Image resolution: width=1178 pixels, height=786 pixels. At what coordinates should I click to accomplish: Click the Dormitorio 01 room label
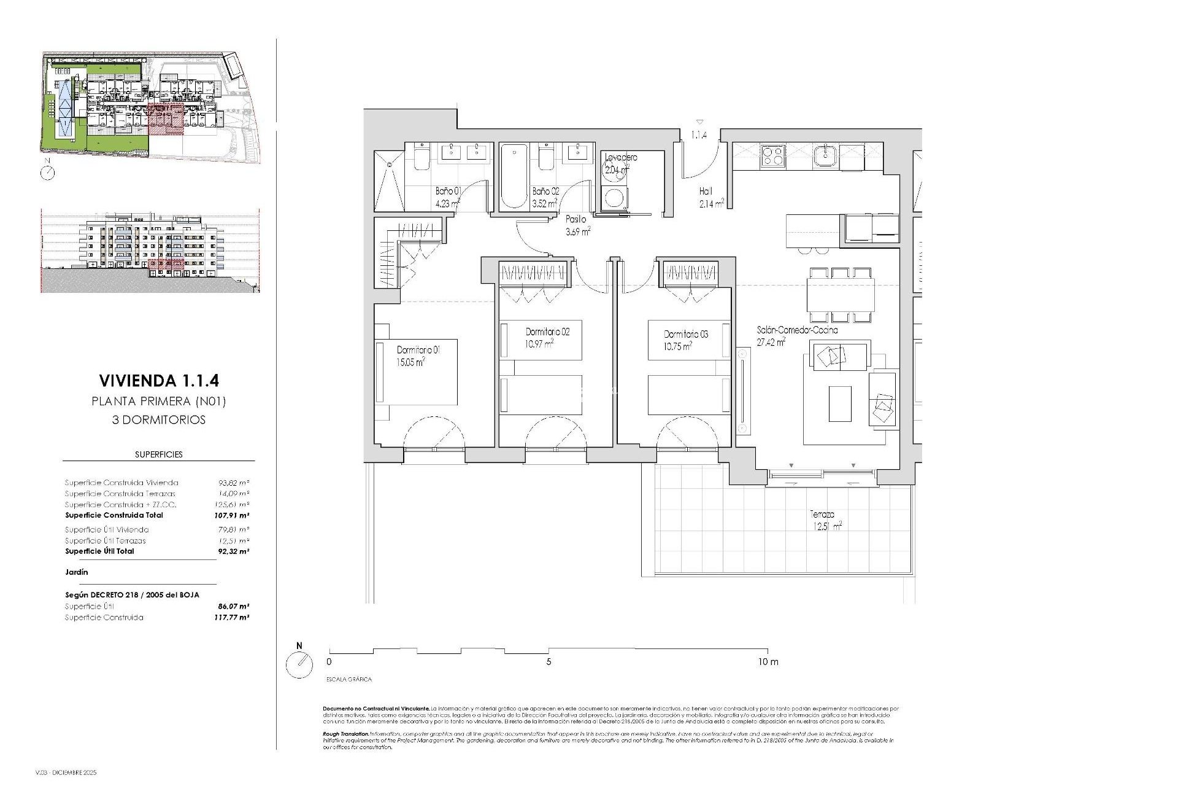(418, 349)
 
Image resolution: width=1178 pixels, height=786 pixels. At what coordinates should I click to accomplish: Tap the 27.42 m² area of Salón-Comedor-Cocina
(772, 343)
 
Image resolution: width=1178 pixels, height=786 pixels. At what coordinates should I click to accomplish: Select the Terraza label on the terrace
(822, 515)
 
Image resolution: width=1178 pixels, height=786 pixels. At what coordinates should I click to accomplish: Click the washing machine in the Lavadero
(614, 198)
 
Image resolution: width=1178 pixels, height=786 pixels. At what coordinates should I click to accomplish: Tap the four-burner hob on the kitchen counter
(772, 155)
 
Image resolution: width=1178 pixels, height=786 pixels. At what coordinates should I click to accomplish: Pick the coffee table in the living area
(840, 403)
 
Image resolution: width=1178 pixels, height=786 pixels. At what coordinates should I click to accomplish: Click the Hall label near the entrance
(706, 191)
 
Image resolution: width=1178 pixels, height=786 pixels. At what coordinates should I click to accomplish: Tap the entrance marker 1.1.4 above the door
(699, 134)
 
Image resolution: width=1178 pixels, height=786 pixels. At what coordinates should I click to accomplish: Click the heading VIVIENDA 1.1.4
(158, 381)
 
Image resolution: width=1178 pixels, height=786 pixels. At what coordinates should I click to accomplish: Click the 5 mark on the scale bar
(549, 662)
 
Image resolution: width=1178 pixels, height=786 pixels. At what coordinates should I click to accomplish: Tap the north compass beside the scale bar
(299, 664)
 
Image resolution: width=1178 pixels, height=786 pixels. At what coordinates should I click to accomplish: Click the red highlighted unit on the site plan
(166, 119)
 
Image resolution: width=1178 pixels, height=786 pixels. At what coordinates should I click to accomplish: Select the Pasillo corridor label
(576, 219)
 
